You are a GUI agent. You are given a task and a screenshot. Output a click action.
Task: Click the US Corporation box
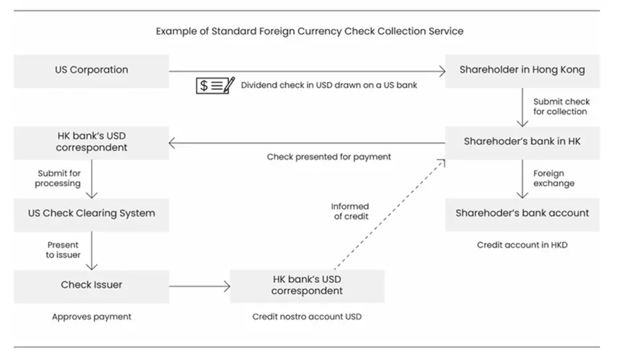click(91, 70)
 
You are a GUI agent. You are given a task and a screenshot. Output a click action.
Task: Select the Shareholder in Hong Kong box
click(522, 70)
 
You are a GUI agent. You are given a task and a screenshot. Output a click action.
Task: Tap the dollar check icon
click(215, 85)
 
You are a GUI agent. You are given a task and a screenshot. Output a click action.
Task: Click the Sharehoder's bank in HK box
click(522, 141)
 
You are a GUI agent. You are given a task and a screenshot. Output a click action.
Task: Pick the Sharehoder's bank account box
click(522, 214)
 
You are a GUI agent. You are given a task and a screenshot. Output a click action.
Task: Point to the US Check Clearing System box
click(91, 214)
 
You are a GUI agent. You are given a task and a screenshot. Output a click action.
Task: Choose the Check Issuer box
click(91, 285)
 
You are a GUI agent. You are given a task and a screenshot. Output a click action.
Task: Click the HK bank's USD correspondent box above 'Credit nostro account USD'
click(307, 285)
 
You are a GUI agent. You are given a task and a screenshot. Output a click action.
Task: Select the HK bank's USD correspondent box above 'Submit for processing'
click(91, 142)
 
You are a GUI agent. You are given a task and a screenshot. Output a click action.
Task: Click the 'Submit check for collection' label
click(561, 106)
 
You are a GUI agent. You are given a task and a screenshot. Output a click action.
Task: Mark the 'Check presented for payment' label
click(329, 157)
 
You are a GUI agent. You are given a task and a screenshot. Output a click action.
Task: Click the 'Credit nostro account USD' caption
click(307, 317)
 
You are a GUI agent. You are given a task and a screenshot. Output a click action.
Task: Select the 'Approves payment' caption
click(91, 317)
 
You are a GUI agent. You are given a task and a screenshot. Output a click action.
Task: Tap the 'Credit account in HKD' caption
click(522, 245)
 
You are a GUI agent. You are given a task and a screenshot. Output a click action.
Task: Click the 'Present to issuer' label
click(63, 250)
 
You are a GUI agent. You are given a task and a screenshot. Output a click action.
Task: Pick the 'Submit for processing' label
click(59, 178)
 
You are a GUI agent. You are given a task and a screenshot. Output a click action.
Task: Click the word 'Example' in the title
click(174, 31)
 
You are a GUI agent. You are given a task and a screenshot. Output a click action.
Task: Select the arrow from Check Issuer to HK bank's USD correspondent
click(199, 287)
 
